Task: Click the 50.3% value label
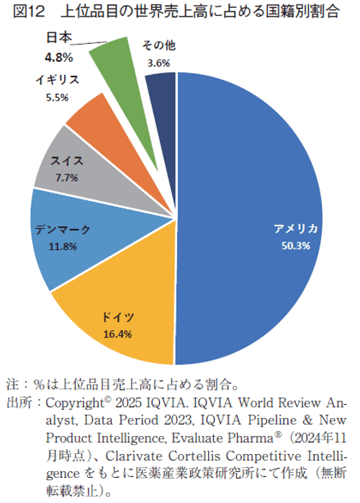(x=296, y=246)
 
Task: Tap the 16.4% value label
(x=117, y=334)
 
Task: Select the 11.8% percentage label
(x=63, y=246)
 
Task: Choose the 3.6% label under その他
(x=158, y=63)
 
